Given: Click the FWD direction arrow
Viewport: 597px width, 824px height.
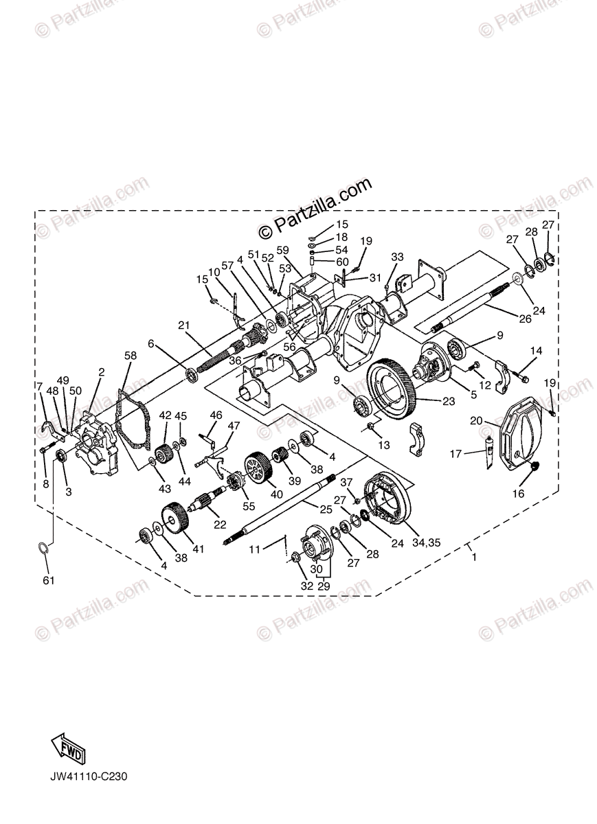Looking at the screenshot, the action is pos(67,748).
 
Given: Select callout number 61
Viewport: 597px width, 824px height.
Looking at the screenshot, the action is pos(47,580).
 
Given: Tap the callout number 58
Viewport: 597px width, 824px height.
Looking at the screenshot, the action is pos(130,355).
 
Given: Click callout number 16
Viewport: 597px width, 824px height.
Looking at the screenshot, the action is pos(517,493).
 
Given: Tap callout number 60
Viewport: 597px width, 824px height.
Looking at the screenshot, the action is pos(343,262).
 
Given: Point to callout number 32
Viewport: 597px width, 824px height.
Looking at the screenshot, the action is pos(307,586).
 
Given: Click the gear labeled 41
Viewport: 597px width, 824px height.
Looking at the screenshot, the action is pos(175,517).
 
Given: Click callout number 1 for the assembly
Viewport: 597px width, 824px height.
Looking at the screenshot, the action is pos(473,558).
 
